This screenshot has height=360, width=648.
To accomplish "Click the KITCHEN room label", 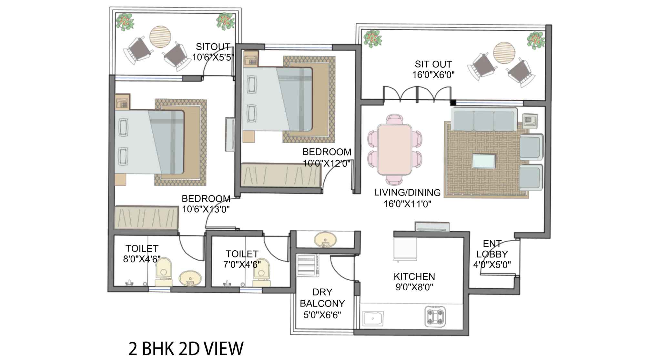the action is pos(414,276).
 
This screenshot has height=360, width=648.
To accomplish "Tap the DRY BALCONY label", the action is pos(322,298).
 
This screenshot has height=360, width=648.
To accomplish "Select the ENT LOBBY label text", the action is pos(492,249).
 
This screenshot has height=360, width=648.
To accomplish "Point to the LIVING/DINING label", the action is pos(407,193).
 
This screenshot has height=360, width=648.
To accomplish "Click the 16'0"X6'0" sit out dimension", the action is pos(433,75).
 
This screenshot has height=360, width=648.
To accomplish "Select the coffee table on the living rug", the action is pos(484,161).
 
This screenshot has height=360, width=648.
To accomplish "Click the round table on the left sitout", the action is pos(160,37).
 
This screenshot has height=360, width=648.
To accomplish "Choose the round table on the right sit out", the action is pos(504,53).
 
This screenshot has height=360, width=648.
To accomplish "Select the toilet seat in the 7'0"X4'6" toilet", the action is pos(261,272).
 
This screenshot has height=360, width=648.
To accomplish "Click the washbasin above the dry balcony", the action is pos(325,240).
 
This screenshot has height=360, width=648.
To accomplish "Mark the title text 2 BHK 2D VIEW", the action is pos(186,349).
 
